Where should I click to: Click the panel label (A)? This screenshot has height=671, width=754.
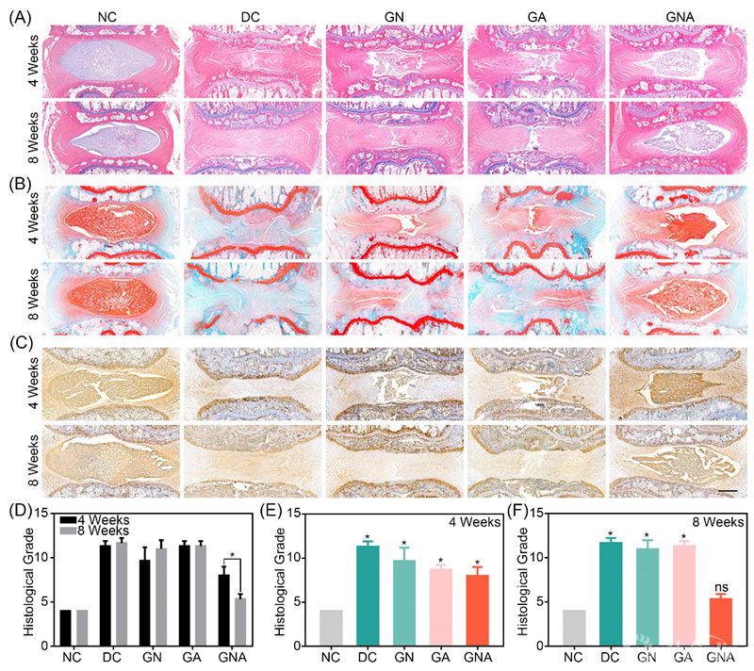16,15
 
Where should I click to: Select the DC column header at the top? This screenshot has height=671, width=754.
253,14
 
